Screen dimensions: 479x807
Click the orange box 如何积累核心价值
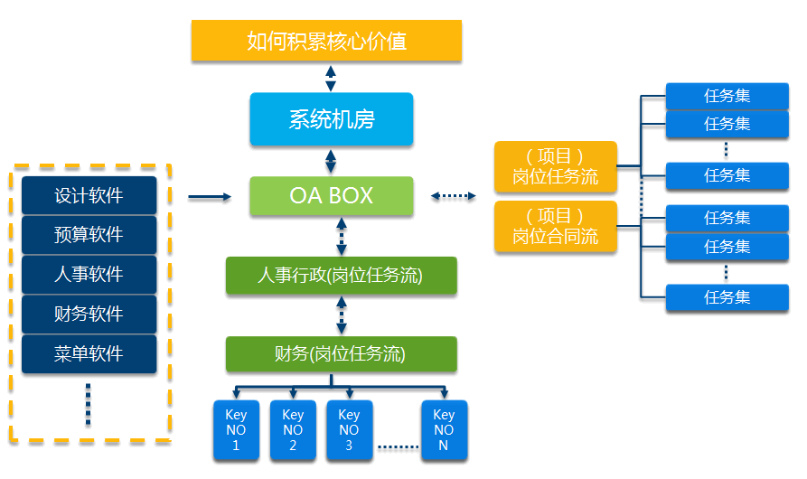point(326,41)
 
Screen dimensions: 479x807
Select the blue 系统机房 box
point(332,119)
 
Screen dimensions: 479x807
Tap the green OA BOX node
point(332,196)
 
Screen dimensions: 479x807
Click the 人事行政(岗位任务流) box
point(341,276)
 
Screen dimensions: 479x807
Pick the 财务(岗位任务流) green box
point(341,354)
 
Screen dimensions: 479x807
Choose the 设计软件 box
point(89,195)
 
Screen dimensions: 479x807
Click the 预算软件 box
point(89,235)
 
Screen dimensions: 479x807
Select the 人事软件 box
point(89,275)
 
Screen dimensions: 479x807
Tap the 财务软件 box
point(89,315)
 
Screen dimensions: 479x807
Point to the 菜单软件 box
point(89,354)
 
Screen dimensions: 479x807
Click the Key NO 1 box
point(237,430)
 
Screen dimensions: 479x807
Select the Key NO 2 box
point(293,430)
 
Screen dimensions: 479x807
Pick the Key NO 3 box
point(349,430)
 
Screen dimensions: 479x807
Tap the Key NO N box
point(444,430)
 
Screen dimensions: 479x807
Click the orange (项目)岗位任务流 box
point(556,167)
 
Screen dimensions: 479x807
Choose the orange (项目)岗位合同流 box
point(556,227)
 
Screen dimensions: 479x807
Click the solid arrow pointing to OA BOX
point(210,196)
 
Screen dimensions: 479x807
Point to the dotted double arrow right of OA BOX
point(454,195)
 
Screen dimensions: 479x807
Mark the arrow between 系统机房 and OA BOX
point(331,162)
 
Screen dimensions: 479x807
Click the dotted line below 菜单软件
point(88,404)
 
